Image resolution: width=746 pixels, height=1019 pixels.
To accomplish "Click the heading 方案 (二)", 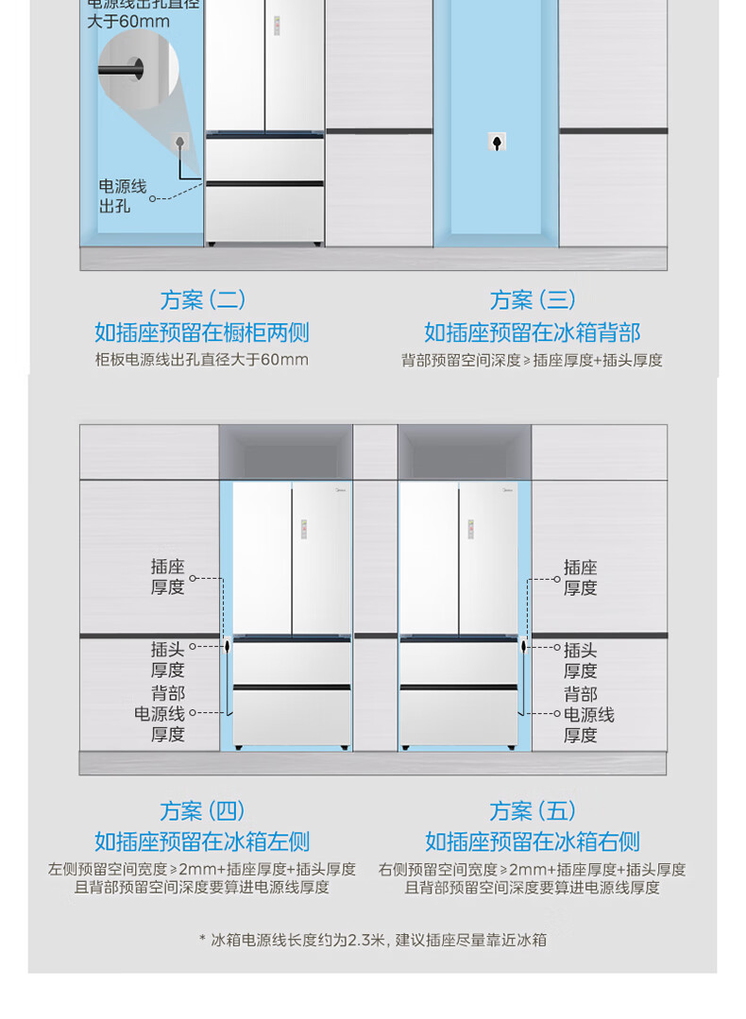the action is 202,300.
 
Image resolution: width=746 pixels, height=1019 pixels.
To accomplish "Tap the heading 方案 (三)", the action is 533,300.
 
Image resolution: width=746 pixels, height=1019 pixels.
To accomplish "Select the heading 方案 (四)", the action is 202,811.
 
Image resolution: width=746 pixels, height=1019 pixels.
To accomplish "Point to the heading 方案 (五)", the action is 533,811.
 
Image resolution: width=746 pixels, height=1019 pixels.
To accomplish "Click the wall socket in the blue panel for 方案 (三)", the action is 497,142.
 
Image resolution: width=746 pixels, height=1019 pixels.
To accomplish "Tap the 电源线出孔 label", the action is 123,196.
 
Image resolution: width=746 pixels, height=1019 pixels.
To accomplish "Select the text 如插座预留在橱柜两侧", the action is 202,332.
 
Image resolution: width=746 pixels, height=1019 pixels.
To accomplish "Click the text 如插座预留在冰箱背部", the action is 533,332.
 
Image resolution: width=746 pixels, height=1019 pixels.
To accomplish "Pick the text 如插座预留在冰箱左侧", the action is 202,841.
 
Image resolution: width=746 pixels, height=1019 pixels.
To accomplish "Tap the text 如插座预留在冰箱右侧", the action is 533,841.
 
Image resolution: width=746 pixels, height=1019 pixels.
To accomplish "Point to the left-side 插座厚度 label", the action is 167,577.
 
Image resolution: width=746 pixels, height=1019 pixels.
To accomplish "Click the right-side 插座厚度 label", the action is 581,577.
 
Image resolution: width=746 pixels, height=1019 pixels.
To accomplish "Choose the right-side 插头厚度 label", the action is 581,660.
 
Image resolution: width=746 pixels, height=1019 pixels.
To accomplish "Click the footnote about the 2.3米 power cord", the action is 373,940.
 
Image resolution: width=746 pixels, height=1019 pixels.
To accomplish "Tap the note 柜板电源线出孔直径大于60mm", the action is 202,360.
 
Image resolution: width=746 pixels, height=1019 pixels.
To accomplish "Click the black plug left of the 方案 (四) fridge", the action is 228,648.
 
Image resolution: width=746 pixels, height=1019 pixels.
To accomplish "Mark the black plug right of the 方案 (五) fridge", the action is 523,648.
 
